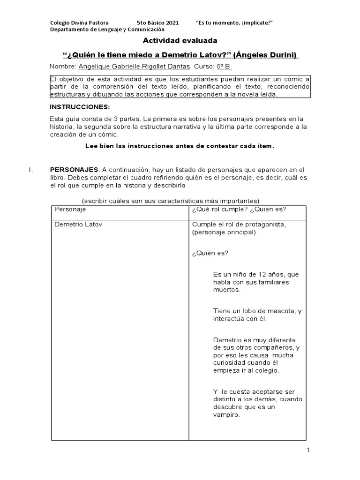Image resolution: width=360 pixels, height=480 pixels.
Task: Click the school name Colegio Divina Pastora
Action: pos(79,22)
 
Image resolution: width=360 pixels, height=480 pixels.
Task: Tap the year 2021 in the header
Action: pos(171,22)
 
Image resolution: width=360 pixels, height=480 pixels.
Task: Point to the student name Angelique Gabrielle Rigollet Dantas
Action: pos(134,67)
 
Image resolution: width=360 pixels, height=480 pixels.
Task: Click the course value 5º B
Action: pos(225,67)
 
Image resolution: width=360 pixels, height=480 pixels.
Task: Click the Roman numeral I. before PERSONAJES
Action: pos(30,169)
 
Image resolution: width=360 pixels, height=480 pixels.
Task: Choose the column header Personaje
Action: pos(70,209)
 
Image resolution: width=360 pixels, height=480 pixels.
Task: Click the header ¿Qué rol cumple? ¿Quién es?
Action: pos(239,209)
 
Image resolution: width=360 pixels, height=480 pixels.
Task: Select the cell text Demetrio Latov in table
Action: pos(78,225)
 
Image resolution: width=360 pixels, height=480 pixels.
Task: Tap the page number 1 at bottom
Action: pos(308,450)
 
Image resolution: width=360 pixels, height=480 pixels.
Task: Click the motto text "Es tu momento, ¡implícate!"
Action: pos(234,22)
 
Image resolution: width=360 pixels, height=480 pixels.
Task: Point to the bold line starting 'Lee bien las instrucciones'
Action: pos(180,146)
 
